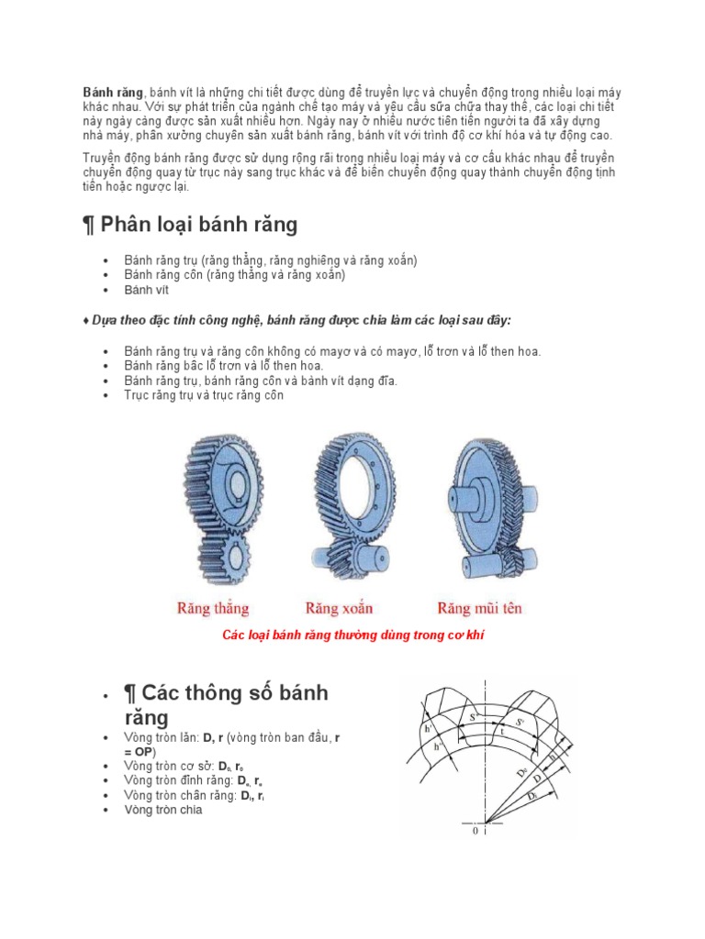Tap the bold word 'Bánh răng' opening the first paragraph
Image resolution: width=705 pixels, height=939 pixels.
coord(113,93)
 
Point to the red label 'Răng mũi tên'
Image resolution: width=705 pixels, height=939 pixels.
coord(479,608)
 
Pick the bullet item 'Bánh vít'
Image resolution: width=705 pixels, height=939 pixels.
coord(147,290)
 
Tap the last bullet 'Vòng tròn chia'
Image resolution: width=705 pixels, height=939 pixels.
coord(162,810)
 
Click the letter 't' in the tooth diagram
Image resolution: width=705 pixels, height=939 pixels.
coord(502,733)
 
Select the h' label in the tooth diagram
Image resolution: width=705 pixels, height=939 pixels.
coord(429,729)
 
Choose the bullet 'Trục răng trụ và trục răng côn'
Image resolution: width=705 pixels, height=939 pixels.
coord(204,396)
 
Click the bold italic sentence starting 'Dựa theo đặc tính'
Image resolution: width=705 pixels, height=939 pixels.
coord(300,320)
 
